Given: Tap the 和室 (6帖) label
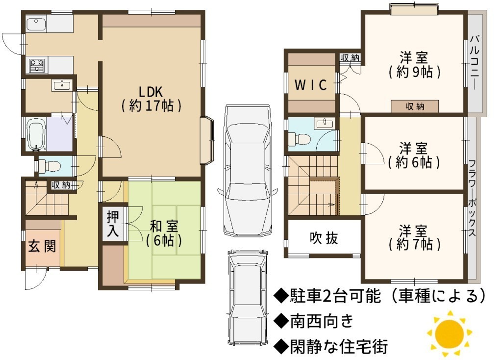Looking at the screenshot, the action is tap(164, 233).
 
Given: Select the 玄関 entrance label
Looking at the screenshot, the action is tap(42, 246).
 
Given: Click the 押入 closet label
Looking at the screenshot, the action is tap(113, 223).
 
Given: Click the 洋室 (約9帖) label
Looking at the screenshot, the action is tap(414, 65).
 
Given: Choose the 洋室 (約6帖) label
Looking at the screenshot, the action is tap(414, 155).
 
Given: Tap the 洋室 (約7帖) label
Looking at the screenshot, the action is tap(414, 238).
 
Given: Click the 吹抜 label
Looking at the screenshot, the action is tap(324, 238).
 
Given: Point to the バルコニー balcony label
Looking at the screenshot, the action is tap(475, 62).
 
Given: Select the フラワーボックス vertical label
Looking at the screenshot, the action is tap(472, 198).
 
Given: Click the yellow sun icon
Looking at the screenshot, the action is tap(450, 334).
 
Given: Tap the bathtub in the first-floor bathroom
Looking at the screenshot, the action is tap(37, 134).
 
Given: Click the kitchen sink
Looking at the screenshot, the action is tap(36, 25).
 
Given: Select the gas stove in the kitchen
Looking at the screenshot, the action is tap(37, 65).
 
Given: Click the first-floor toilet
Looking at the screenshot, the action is tap(49, 166).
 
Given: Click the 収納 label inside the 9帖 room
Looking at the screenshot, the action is tap(415, 106).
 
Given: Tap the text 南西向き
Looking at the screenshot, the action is tap(322, 321).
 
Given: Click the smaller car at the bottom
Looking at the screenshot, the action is tap(248, 296).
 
